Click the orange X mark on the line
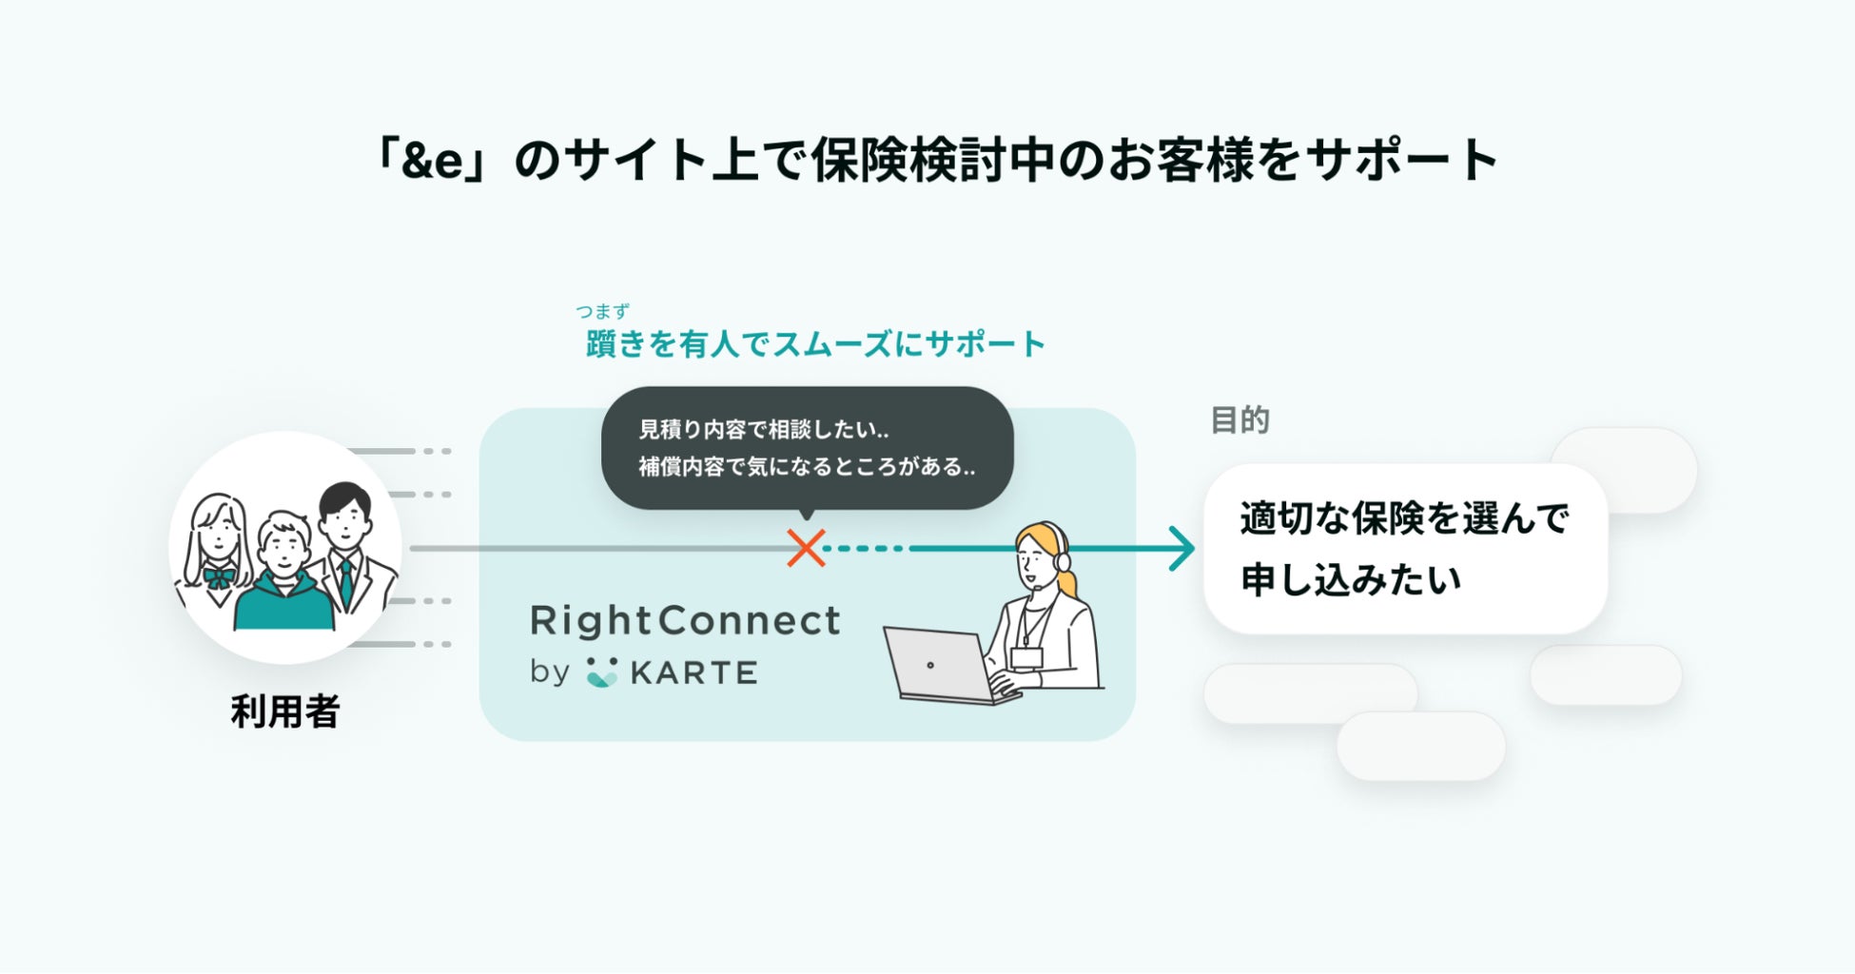click(806, 548)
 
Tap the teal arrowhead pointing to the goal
click(1182, 549)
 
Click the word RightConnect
click(685, 621)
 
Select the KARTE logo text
click(693, 672)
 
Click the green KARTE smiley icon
click(601, 672)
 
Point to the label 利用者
click(285, 711)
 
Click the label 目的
click(1240, 419)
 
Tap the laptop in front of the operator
click(947, 666)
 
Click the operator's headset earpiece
click(1063, 561)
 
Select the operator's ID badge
click(1027, 657)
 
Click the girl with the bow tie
click(218, 552)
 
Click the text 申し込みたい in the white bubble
click(1351, 579)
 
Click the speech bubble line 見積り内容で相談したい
click(764, 430)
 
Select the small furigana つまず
click(602, 311)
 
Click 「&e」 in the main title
click(433, 159)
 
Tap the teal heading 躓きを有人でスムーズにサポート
click(815, 343)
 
